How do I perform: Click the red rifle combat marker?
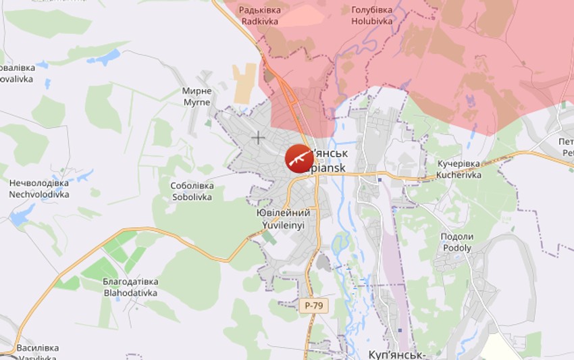298,158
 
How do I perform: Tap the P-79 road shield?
313,305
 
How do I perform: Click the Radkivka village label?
259,16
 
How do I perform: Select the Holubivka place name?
371,16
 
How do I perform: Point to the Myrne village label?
197,97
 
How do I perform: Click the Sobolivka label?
192,191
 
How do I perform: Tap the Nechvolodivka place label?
39,188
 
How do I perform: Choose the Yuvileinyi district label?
284,218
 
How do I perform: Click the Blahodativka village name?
130,287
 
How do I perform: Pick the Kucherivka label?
459,169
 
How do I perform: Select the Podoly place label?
457,242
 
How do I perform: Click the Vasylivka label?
37,353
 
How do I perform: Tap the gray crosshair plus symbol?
258,138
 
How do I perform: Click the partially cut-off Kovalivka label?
16,73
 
